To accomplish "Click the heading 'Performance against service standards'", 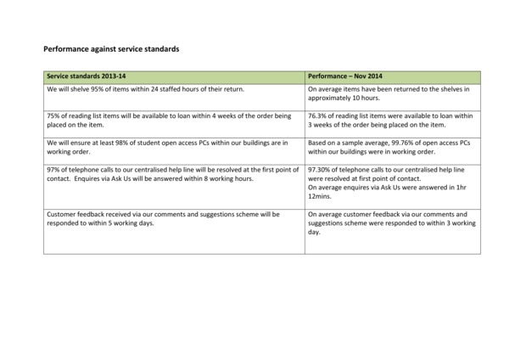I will [x=110, y=49].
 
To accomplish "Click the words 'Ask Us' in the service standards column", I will [x=117, y=178].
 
